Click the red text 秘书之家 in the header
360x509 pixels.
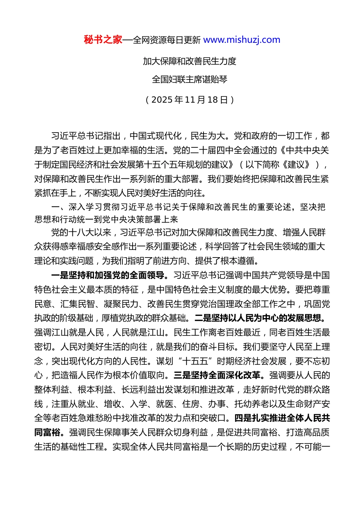(x=103, y=40)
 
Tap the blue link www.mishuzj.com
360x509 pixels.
(x=242, y=40)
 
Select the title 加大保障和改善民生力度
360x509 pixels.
(x=189, y=61)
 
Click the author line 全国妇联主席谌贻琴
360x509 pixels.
(x=189, y=80)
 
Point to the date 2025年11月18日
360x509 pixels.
(x=189, y=100)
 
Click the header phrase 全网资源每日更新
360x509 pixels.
(x=167, y=40)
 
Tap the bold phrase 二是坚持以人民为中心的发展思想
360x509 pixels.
(x=260, y=318)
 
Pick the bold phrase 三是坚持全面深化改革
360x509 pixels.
(x=218, y=375)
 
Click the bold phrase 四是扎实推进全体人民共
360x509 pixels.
(x=282, y=418)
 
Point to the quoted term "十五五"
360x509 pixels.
(x=197, y=361)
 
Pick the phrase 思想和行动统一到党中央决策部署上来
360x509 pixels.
(x=106, y=220)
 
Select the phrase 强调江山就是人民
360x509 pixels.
(x=69, y=333)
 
